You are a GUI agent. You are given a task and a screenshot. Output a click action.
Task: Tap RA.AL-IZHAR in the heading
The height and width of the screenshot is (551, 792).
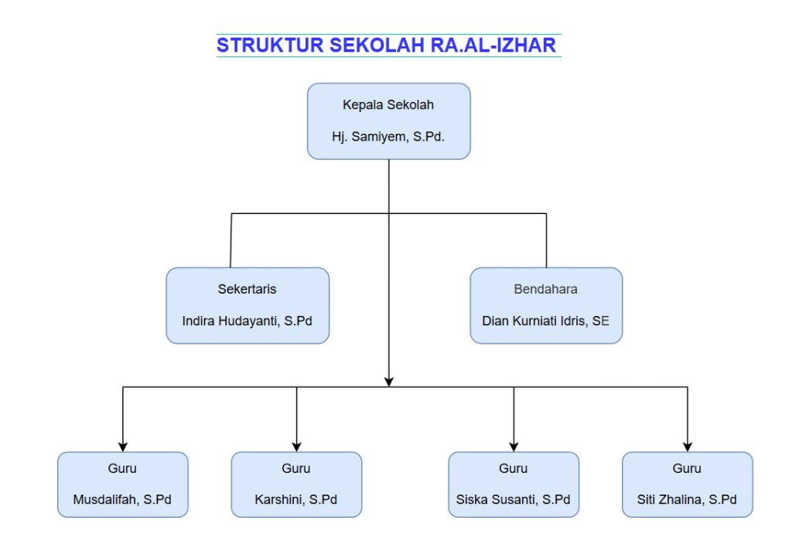pyautogui.click(x=493, y=46)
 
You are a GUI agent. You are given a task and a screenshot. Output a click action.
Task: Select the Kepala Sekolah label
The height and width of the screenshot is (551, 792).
pyautogui.click(x=388, y=105)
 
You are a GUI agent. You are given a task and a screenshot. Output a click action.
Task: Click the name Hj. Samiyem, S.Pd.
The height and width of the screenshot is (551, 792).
pyautogui.click(x=388, y=137)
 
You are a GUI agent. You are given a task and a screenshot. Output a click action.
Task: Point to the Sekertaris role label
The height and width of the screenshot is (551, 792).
pyautogui.click(x=247, y=289)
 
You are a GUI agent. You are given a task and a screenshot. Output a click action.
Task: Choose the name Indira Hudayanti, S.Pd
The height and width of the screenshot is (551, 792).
pyautogui.click(x=247, y=321)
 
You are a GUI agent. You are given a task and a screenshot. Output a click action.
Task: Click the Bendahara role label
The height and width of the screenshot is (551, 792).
pyautogui.click(x=545, y=289)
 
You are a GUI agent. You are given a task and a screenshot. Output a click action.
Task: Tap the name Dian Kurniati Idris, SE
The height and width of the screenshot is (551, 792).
pyautogui.click(x=545, y=321)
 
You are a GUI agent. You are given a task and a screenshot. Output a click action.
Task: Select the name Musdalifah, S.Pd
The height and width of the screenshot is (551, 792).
pyautogui.click(x=122, y=499)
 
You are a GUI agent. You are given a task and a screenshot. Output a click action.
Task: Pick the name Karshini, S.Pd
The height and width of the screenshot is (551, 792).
pyautogui.click(x=296, y=499)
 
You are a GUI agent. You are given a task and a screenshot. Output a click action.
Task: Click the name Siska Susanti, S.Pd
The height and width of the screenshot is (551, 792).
pyautogui.click(x=514, y=499)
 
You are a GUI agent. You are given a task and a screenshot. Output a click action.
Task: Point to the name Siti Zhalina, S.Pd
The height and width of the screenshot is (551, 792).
pyautogui.click(x=687, y=499)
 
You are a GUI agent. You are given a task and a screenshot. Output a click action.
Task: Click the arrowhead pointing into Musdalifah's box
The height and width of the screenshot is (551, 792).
pyautogui.click(x=123, y=447)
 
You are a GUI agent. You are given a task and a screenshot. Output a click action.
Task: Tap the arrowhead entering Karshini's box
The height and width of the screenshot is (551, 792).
pyautogui.click(x=296, y=447)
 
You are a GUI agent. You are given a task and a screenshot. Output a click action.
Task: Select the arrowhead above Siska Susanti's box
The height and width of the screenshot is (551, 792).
pyautogui.click(x=514, y=447)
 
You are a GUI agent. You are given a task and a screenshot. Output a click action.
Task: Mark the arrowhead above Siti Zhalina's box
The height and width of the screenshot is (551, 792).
pyautogui.click(x=688, y=447)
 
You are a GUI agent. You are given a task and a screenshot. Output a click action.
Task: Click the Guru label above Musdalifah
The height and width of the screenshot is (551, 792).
pyautogui.click(x=122, y=468)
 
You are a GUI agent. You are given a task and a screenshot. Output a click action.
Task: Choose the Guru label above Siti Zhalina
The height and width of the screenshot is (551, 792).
pyautogui.click(x=687, y=468)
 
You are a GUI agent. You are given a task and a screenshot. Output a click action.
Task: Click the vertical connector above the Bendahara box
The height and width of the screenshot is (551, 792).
pyautogui.click(x=547, y=240)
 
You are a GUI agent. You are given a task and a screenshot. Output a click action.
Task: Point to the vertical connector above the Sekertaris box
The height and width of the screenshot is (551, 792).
pyautogui.click(x=230, y=240)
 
